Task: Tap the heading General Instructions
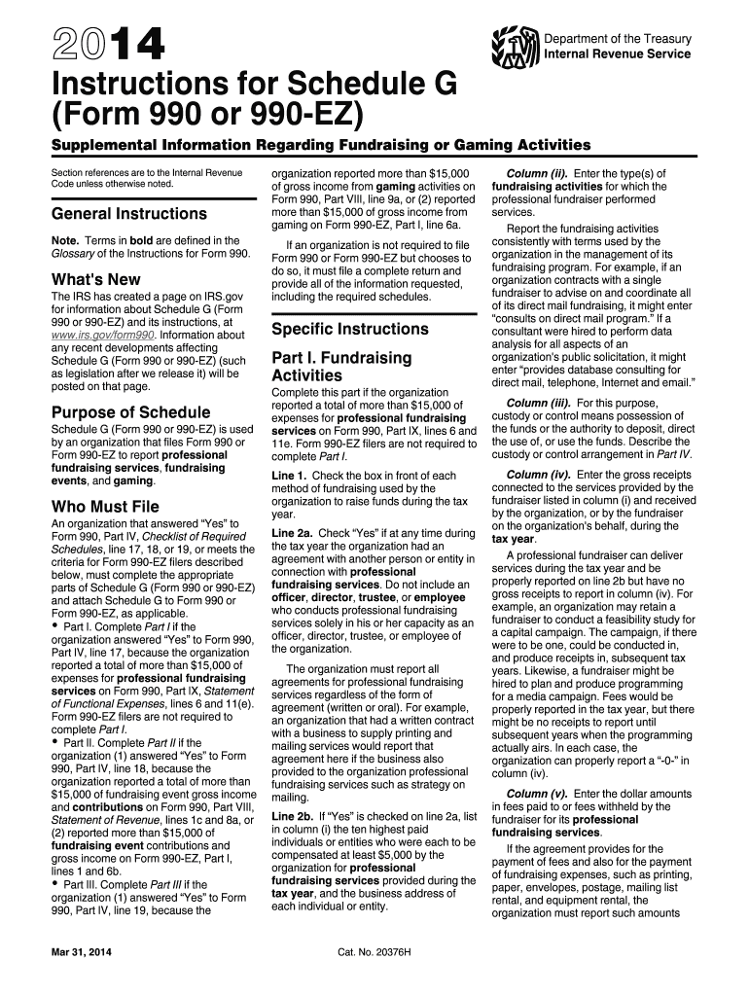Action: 128,213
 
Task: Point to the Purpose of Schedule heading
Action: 130,411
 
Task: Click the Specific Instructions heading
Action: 350,329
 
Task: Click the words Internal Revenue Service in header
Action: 618,53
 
